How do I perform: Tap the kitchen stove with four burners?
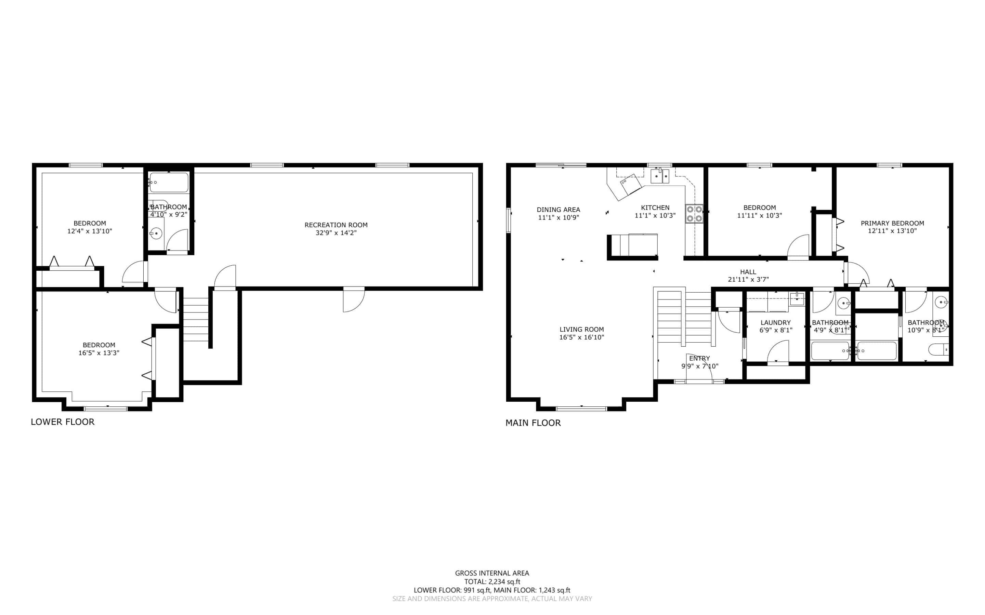pos(694,214)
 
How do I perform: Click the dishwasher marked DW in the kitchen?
pos(630,184)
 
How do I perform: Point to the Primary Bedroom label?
pos(892,223)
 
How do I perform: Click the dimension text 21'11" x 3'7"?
pos(748,279)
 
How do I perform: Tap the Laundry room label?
pos(775,323)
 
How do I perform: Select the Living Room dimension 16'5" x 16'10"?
pos(581,337)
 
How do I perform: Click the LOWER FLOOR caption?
pos(63,422)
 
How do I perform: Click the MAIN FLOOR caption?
pos(533,423)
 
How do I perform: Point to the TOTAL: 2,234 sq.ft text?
pos(492,581)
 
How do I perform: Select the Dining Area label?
pos(558,210)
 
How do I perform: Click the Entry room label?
pos(699,358)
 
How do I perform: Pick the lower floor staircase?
pos(196,319)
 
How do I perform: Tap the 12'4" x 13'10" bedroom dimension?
pos(90,231)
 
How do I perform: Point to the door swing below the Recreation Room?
pos(354,300)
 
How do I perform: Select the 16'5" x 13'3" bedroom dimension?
pos(99,353)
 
